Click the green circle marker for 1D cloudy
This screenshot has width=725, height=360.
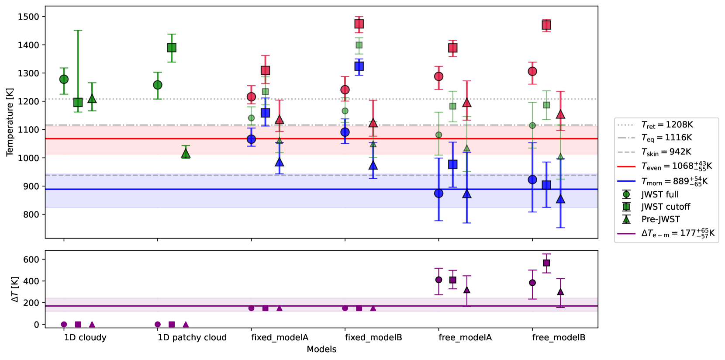[64, 79]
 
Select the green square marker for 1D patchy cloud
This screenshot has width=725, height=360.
[172, 48]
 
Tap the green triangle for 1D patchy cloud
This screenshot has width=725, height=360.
[186, 153]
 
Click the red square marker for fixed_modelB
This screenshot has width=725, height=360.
[359, 24]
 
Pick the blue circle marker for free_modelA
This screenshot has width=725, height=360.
[439, 193]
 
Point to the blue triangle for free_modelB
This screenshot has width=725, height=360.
[560, 199]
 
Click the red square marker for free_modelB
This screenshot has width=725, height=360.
[546, 25]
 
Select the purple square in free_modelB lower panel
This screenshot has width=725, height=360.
[546, 263]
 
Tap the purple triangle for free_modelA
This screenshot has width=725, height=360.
[467, 290]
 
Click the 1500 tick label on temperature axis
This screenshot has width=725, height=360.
[28, 17]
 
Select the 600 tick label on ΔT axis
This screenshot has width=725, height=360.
[31, 260]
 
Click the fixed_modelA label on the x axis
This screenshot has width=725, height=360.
[280, 337]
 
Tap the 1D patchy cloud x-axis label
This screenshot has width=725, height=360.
[192, 337]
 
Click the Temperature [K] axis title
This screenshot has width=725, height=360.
[10, 122]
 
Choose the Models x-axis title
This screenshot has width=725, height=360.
[321, 349]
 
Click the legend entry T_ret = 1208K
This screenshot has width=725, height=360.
[667, 125]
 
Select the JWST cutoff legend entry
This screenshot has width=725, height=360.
[666, 207]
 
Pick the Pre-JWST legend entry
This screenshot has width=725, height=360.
[660, 219]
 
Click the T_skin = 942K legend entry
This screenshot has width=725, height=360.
[666, 152]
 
